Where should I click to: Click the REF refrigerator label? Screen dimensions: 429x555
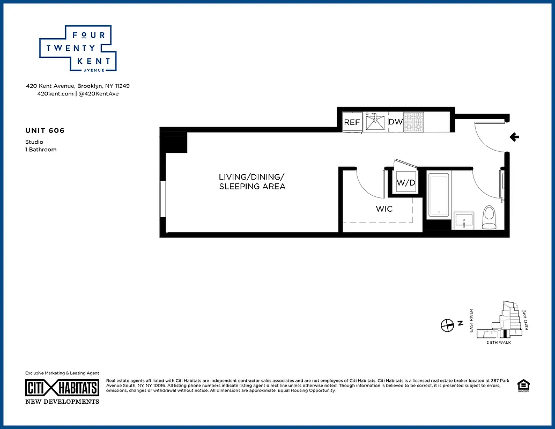[352, 122]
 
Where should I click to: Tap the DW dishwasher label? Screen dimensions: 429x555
[395, 122]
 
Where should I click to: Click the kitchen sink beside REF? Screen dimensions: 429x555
[376, 122]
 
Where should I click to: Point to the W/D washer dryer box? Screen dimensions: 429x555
[406, 183]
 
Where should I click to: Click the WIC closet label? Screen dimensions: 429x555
[384, 209]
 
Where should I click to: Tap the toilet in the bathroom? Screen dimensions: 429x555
[489, 217]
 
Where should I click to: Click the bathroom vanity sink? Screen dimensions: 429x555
[464, 220]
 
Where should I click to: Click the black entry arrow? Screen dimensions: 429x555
[514, 137]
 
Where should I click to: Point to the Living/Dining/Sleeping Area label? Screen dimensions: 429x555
[252, 182]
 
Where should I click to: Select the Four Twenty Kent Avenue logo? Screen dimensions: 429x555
[78, 48]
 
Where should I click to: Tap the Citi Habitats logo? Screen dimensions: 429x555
[62, 388]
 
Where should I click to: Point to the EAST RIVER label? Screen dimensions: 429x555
[471, 321]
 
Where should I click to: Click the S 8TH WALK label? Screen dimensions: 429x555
[498, 342]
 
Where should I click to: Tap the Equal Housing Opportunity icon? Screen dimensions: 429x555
[522, 385]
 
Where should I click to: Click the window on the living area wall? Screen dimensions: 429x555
[162, 199]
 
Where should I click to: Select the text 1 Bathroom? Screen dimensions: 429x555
[41, 150]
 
